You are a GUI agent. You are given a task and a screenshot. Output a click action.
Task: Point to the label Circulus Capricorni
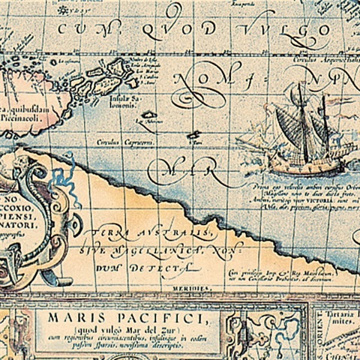point(121,140)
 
